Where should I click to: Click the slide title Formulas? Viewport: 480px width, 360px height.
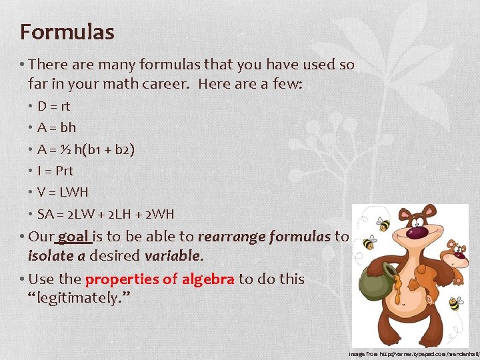67,32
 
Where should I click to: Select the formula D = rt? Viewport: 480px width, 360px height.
53,106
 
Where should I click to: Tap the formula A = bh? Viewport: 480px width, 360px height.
57,127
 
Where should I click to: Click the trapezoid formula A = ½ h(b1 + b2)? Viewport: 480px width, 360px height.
86,149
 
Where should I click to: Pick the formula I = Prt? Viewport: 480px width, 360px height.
55,171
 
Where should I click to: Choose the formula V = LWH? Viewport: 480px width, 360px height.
63,192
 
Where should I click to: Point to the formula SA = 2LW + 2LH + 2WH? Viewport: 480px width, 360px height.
105,214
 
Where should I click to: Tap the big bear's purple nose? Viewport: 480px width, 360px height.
417,233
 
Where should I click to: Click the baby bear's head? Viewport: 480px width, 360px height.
457,253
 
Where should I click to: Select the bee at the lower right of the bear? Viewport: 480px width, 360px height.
455,304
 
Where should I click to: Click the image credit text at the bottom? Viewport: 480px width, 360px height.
413,352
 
